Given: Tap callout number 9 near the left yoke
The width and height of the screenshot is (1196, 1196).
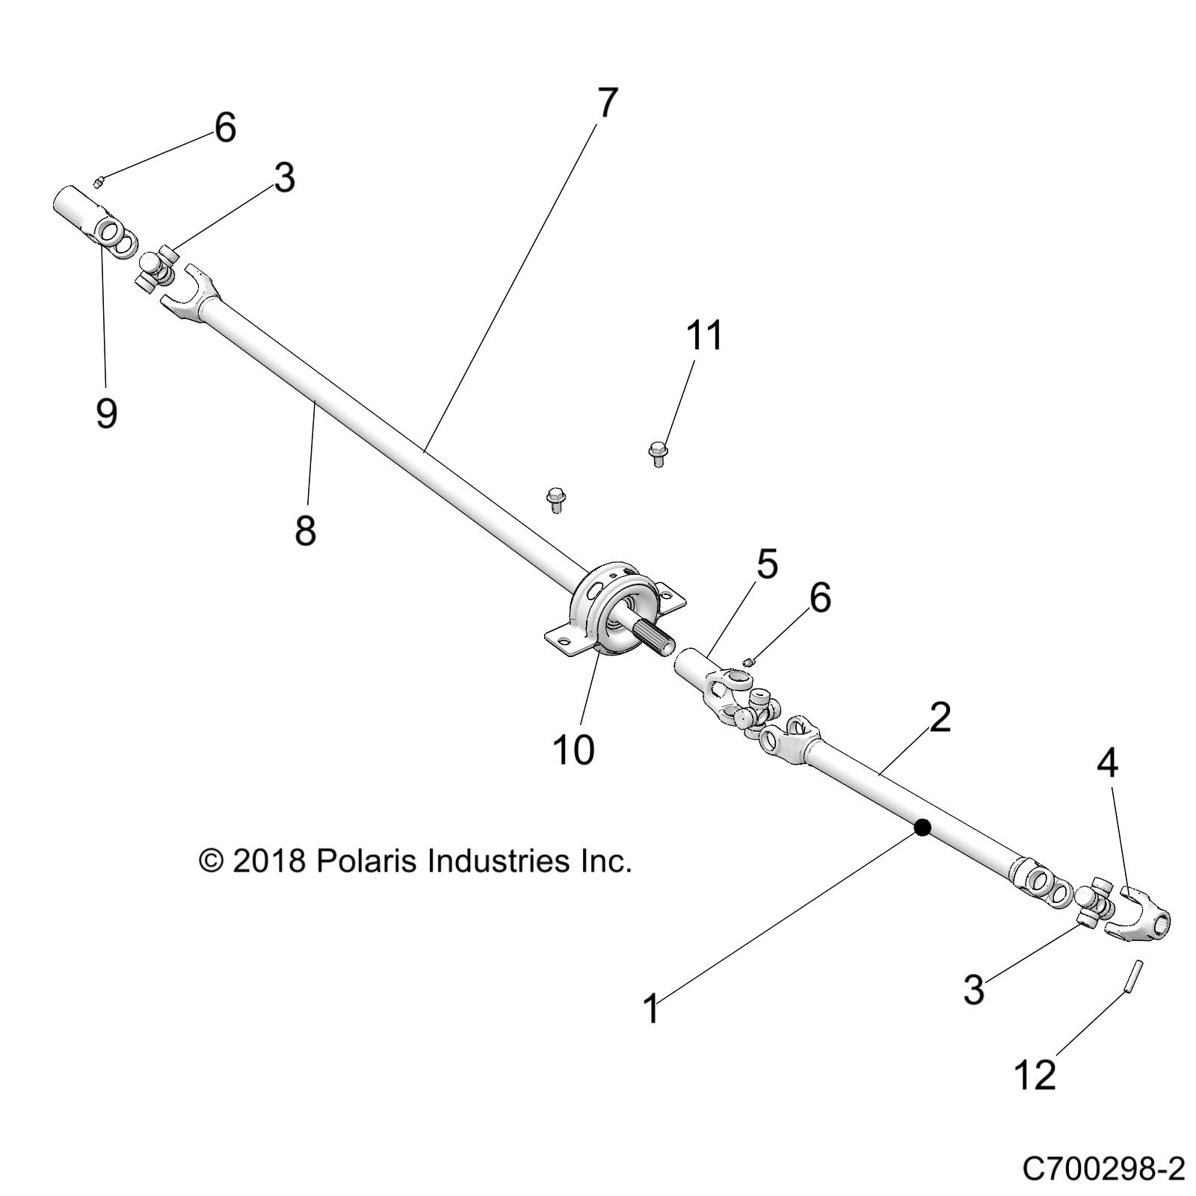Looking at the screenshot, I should [x=106, y=412].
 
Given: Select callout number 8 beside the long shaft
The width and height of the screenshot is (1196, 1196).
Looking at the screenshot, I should [x=306, y=530].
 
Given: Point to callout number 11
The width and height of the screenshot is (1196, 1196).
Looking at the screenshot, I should [x=705, y=336].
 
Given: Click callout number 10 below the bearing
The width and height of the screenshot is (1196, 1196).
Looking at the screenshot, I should [x=573, y=749].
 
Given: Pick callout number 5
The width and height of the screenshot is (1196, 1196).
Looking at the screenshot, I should [x=766, y=564].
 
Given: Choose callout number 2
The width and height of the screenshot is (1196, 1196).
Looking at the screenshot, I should [x=940, y=718].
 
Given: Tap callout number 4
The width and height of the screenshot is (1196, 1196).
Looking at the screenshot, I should [x=1107, y=764].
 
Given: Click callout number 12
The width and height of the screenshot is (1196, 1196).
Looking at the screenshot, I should [x=1035, y=1074].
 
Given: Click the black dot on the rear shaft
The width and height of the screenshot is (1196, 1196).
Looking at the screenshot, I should [x=922, y=827].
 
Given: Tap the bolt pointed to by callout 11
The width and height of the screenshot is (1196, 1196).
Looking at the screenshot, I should [x=657, y=453].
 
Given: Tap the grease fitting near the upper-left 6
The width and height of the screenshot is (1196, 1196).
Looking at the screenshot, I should [x=99, y=179].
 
